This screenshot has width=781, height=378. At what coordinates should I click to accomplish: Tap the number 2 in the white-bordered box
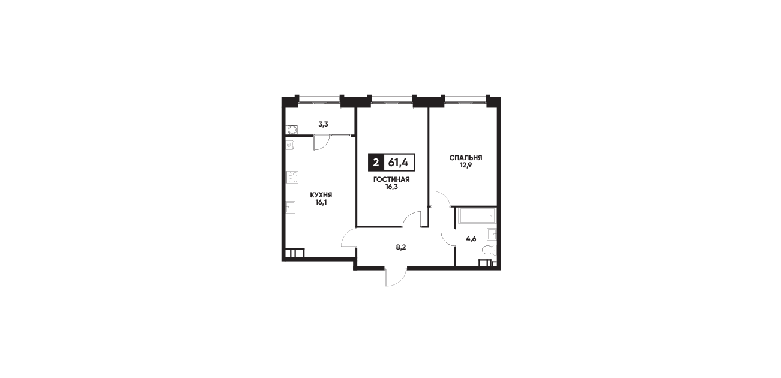pos(376,162)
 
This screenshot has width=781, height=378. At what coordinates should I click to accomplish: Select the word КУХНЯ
pos(321,196)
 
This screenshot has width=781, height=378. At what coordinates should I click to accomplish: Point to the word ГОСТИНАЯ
pos(391,179)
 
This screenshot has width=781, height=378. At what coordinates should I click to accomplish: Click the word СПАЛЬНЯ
pos(466,158)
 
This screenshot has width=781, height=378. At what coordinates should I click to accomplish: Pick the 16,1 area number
pos(321,203)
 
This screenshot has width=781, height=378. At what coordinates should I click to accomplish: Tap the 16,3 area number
pos(391,187)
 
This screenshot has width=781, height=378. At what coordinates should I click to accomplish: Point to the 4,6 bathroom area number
pos(471,239)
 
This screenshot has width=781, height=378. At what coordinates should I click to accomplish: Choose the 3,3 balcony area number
pos(323,125)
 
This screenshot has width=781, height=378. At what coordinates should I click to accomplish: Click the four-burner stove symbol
pos(292,177)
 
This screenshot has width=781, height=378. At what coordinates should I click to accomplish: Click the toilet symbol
pos(490,251)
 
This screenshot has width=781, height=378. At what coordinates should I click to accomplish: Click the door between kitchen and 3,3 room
pos(322,143)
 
